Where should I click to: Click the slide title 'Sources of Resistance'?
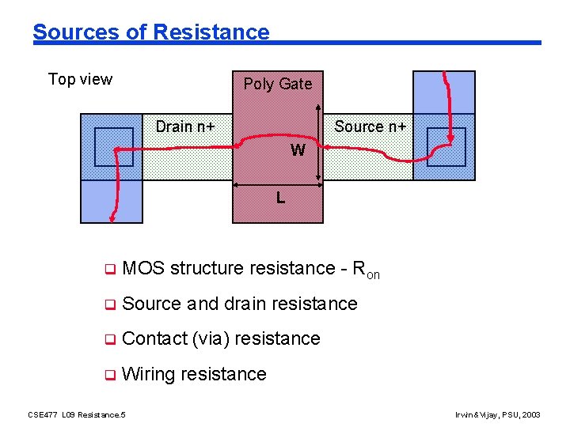click(x=150, y=32)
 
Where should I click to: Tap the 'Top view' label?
click(x=80, y=79)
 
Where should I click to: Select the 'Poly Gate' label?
click(x=277, y=84)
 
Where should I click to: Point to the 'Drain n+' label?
click(x=185, y=127)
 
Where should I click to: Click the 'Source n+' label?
click(x=370, y=127)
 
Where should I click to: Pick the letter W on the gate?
click(x=298, y=150)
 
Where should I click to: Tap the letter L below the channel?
click(x=280, y=198)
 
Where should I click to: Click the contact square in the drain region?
click(x=114, y=147)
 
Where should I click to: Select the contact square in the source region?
click(x=446, y=147)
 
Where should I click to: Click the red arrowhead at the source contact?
click(x=451, y=140)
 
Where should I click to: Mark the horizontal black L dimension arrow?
click(x=277, y=187)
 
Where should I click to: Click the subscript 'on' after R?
click(x=373, y=274)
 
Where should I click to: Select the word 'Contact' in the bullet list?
click(x=155, y=338)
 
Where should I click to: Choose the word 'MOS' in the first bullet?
click(x=143, y=268)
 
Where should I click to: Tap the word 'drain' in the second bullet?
click(x=250, y=303)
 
